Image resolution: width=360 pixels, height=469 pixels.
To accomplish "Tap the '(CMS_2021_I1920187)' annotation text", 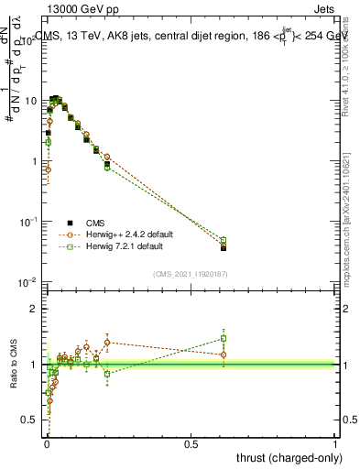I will tap(189, 273).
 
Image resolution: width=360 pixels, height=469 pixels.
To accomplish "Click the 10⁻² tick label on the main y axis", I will tap(27, 281).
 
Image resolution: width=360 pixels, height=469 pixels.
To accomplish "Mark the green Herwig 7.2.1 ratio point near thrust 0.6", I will tap(224, 338).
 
